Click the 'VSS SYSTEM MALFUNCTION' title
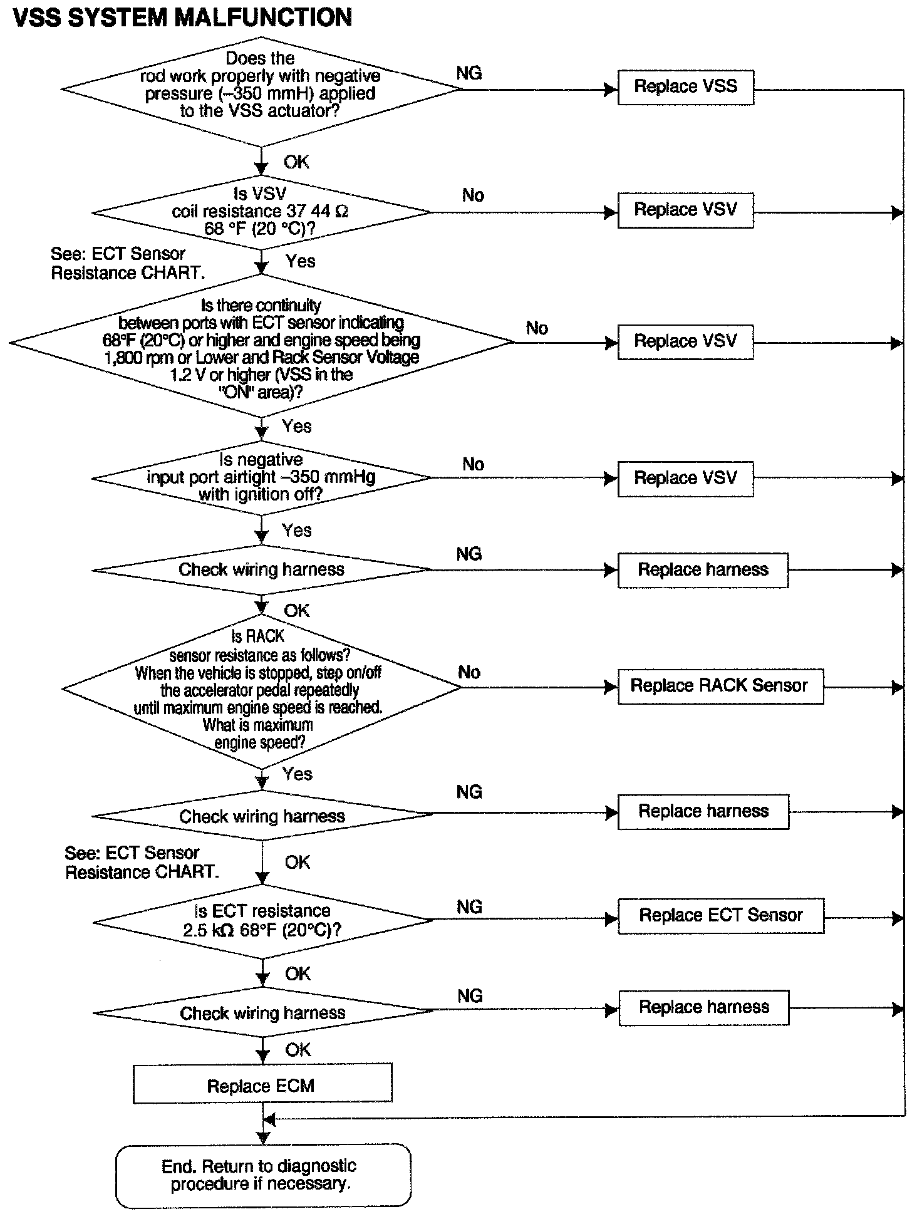coord(182,17)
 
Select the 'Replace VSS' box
coord(685,87)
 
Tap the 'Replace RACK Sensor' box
coord(720,686)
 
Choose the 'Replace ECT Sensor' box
coord(720,916)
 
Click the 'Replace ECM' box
coord(262,1086)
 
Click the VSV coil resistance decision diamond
coord(261,212)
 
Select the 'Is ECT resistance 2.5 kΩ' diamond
coord(262,920)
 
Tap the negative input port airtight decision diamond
coord(261,477)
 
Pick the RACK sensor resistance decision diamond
coord(261,689)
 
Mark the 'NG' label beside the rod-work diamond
coord(469,73)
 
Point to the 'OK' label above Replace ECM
coord(298,1050)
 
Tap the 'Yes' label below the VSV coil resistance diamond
coord(300,261)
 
